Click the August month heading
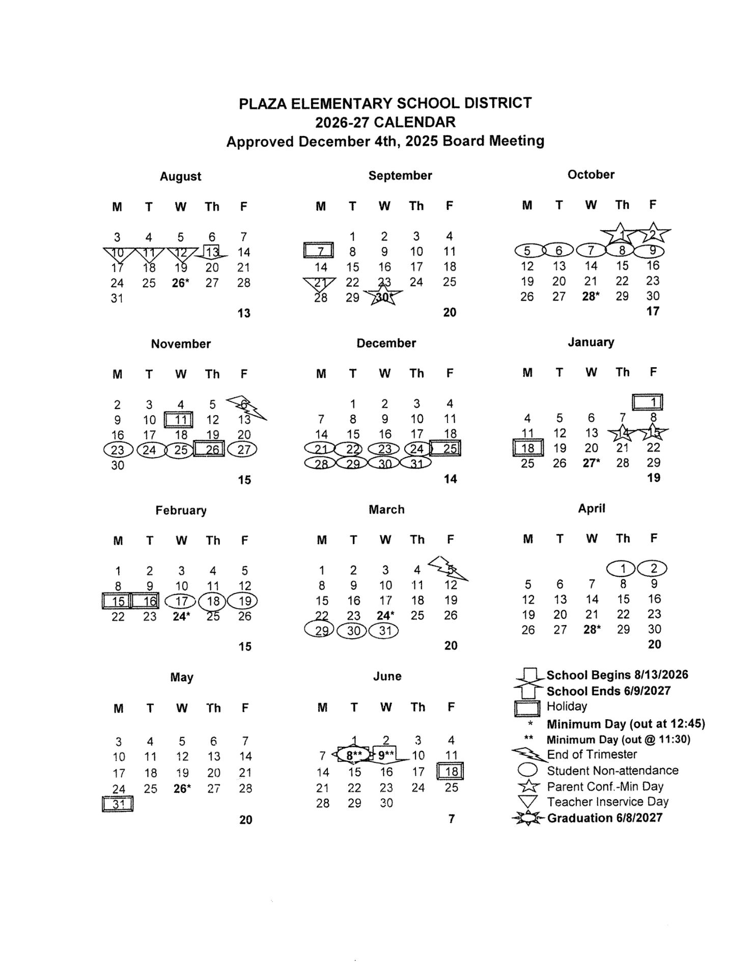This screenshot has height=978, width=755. (180, 176)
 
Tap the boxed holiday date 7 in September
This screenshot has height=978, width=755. (319, 251)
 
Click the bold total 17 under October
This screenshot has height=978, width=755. (653, 311)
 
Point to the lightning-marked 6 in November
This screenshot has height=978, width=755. (245, 405)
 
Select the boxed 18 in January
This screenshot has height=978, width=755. (527, 448)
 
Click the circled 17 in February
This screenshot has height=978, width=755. (181, 601)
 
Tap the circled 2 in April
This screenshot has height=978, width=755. (654, 568)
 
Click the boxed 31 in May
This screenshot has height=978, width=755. (118, 804)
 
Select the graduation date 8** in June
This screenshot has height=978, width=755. (354, 755)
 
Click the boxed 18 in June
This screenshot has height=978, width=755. (451, 771)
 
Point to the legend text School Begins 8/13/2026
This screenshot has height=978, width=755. (617, 675)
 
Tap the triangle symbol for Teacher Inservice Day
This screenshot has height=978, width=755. (527, 802)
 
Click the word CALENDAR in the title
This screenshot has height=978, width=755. (414, 122)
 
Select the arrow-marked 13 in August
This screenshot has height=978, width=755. (212, 252)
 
